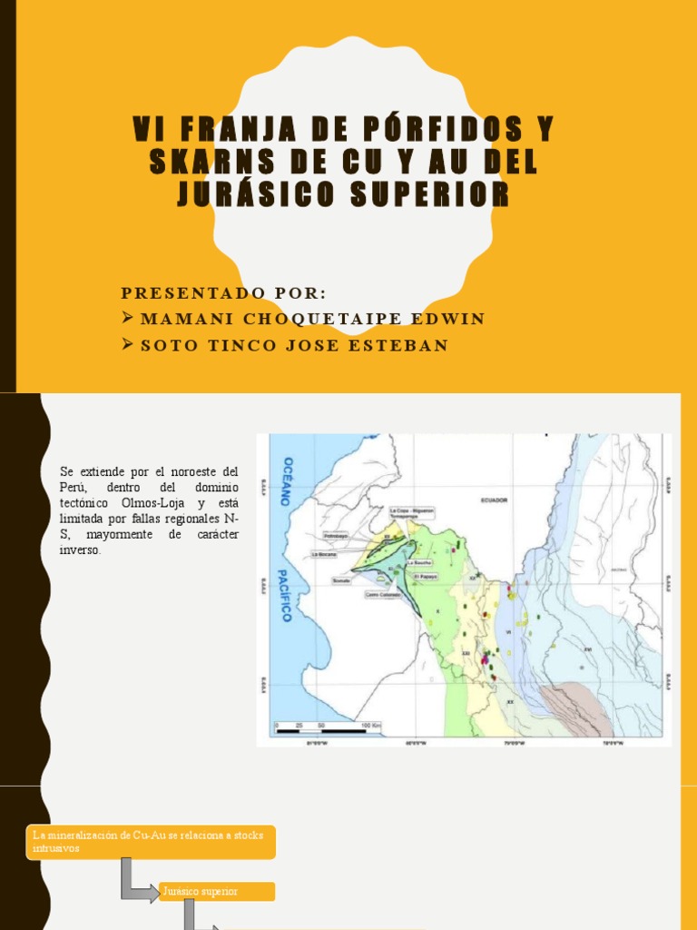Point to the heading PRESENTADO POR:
tap(223, 292)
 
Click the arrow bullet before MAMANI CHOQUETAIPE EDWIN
tap(128, 319)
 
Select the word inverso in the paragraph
tap(81, 549)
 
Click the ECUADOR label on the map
tap(495, 500)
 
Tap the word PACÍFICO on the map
tap(287, 595)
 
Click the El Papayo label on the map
tap(426, 575)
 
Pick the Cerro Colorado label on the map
tap(382, 595)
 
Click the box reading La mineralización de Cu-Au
tap(150, 842)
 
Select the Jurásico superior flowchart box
tap(217, 891)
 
